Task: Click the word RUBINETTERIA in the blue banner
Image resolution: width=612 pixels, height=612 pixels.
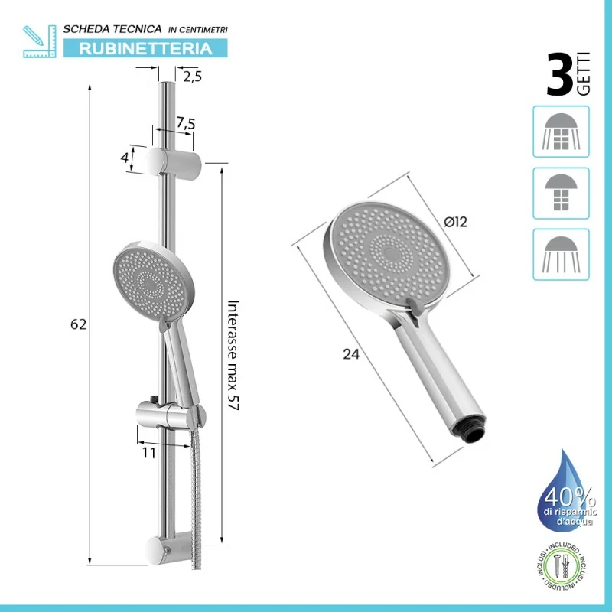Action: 145,48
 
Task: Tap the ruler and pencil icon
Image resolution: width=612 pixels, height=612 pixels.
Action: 40,41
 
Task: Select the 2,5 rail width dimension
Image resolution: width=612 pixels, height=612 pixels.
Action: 193,77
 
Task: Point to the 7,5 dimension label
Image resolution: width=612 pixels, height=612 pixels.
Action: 185,123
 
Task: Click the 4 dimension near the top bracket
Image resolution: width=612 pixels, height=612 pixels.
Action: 125,158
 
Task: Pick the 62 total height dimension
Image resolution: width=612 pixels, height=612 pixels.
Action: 78,324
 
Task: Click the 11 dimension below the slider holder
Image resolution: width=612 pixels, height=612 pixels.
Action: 148,453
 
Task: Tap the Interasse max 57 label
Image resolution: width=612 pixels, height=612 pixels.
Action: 233,355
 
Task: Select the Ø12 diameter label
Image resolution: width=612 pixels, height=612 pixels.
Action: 455,222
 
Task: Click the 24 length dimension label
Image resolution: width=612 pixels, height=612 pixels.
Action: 351,354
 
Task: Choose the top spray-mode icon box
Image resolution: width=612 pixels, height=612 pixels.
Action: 561,132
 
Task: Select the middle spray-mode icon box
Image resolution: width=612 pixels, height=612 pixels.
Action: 561,194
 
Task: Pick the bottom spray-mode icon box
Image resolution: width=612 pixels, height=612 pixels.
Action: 561,255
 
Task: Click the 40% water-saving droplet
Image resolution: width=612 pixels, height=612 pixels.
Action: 567,493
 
